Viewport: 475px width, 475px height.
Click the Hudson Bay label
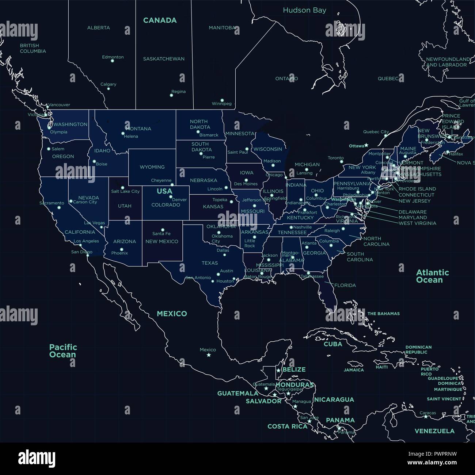pyautogui.click(x=304, y=10)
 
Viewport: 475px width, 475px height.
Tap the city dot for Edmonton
pyautogui.click(x=112, y=61)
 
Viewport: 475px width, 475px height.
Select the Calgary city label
pyautogui.click(x=108, y=84)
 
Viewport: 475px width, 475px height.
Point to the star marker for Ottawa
pyautogui.click(x=366, y=145)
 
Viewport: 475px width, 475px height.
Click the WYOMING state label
pyautogui.click(x=152, y=167)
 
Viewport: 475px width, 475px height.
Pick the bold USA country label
pyautogui.click(x=164, y=191)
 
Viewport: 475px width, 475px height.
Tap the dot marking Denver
pyautogui.click(x=171, y=197)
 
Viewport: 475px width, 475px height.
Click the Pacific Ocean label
pyautogui.click(x=63, y=350)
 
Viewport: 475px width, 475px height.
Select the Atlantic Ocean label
pyautogui.click(x=432, y=276)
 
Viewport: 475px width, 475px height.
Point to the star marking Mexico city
pyautogui.click(x=209, y=355)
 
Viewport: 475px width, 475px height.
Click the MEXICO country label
pyautogui.click(x=172, y=314)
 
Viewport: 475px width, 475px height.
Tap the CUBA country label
pyautogui.click(x=333, y=344)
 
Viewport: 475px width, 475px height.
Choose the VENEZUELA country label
pyautogui.click(x=434, y=431)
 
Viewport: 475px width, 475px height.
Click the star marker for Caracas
pyautogui.click(x=426, y=417)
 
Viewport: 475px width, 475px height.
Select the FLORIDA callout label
pyautogui.click(x=345, y=285)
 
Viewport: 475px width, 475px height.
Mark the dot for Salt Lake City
pyautogui.click(x=122, y=188)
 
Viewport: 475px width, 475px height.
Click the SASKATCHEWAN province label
pyautogui.click(x=164, y=59)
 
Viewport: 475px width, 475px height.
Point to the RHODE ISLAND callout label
pyautogui.click(x=417, y=189)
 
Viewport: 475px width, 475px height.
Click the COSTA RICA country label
pyautogui.click(x=287, y=426)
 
